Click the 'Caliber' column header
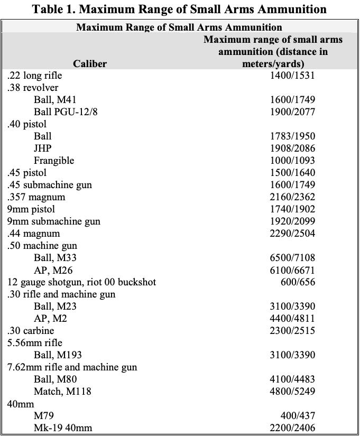(x=90, y=64)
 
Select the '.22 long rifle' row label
(x=34, y=76)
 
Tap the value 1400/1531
(x=292, y=75)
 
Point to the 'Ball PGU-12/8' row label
(x=66, y=112)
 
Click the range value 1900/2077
(x=292, y=112)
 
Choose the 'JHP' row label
(x=43, y=148)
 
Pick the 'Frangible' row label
(x=54, y=161)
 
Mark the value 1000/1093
(x=292, y=161)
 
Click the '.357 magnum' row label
(x=36, y=197)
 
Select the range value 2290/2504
(x=292, y=234)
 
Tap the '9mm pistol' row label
(x=31, y=209)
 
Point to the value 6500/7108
(x=292, y=258)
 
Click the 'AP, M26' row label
(x=53, y=270)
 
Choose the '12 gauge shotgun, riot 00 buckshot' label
(x=81, y=282)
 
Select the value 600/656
(x=298, y=282)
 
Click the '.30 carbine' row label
(x=31, y=331)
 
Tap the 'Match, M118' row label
(x=62, y=392)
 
